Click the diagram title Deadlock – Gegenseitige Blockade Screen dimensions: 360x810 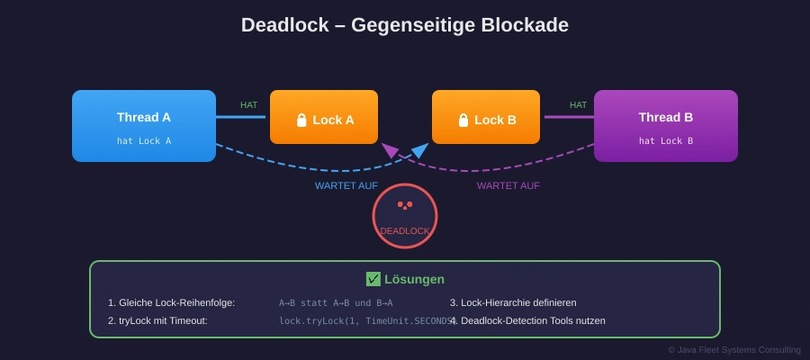coord(405,25)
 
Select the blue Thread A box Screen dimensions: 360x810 coord(144,126)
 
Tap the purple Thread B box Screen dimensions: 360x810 coord(666,126)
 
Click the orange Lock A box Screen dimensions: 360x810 coord(324,117)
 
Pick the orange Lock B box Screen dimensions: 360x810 coord(486,117)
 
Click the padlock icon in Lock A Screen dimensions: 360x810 coord(302,120)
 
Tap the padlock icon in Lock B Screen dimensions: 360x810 coord(463,120)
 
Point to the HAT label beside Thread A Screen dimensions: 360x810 coord(248,105)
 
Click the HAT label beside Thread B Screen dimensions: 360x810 coord(578,105)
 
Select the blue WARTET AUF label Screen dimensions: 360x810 coord(346,185)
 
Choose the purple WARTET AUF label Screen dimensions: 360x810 coord(508,185)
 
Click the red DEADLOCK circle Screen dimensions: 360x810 coord(405,216)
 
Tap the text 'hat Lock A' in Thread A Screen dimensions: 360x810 coord(144,140)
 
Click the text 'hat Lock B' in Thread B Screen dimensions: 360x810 coord(666,140)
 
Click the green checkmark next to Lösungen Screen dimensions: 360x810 coord(373,279)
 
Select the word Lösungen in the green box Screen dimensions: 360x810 coord(414,279)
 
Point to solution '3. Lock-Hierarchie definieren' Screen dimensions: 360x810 coord(513,302)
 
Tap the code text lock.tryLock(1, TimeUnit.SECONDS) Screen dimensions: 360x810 coord(365,320)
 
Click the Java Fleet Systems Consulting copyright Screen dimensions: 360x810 coord(733,349)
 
